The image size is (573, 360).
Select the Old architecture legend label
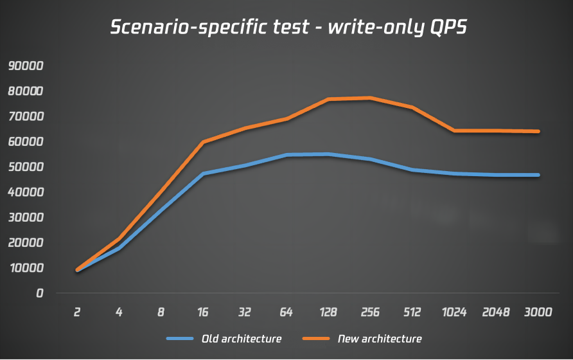point(242,339)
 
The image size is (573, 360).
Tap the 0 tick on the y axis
point(39,293)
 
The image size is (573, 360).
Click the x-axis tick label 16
point(203,313)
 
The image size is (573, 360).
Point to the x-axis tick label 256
point(370,313)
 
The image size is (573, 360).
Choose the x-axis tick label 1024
point(454,313)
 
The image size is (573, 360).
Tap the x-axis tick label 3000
point(538,313)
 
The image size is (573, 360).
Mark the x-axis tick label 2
point(78,313)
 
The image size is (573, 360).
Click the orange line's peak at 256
point(371,98)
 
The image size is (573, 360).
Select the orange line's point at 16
point(203,142)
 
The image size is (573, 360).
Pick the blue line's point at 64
point(286,155)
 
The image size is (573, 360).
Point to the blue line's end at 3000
point(538,175)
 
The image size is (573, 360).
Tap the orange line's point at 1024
point(454,130)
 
